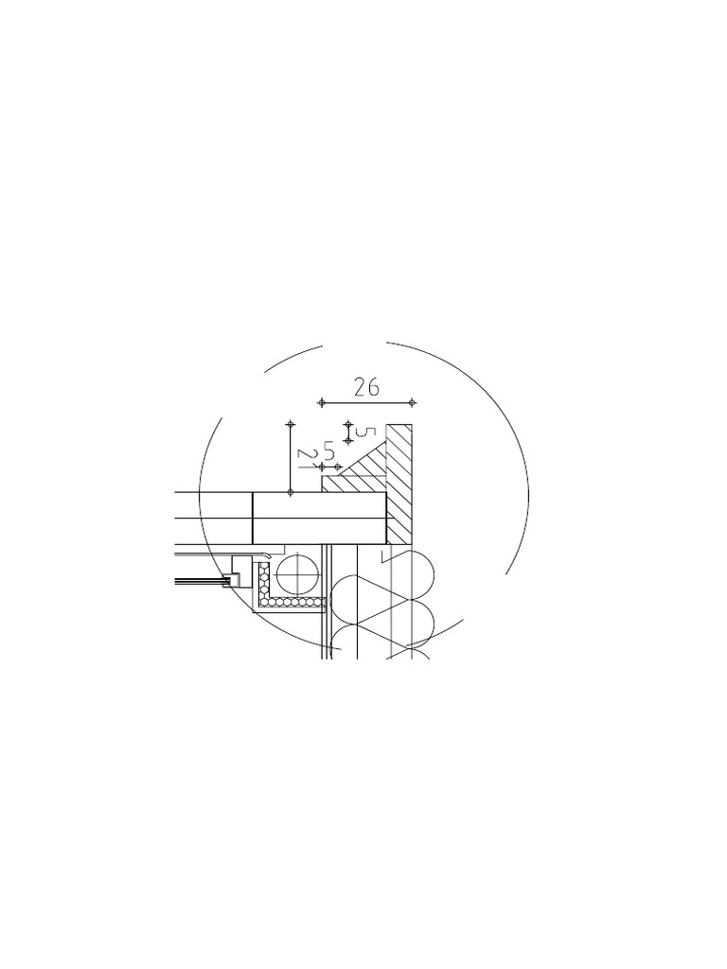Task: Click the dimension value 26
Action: tap(366, 386)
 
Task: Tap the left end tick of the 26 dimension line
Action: tap(322, 402)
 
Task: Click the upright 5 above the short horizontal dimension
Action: tap(329, 449)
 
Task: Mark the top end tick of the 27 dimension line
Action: tap(291, 424)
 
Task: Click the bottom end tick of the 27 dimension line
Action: tap(291, 493)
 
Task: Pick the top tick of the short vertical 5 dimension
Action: tap(348, 424)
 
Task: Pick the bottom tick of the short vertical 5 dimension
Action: tap(348, 441)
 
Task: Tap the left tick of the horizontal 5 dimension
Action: tap(322, 467)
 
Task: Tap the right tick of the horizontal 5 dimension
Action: tap(338, 467)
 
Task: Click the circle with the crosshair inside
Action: tap(300, 573)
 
